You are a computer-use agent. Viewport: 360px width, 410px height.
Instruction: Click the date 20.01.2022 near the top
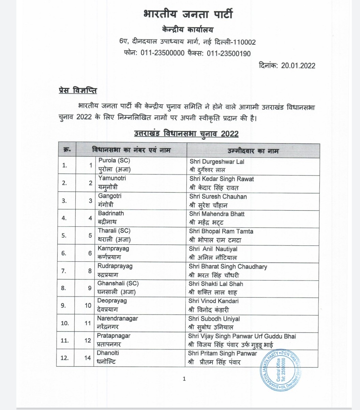click(x=298, y=65)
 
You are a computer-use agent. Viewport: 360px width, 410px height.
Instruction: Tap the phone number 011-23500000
click(x=161, y=54)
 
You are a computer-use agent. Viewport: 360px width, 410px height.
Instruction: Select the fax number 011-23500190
click(x=228, y=54)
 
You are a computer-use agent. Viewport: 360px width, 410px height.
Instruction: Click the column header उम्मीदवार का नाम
click(x=253, y=150)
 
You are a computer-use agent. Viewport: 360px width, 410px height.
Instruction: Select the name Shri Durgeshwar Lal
click(x=217, y=162)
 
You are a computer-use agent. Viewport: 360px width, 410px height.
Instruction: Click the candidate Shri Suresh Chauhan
click(x=218, y=197)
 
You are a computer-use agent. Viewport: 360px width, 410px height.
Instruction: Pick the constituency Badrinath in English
click(x=111, y=213)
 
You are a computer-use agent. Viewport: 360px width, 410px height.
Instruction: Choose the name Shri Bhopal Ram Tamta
click(x=221, y=231)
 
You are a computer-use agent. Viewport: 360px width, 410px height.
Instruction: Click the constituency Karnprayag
click(x=114, y=248)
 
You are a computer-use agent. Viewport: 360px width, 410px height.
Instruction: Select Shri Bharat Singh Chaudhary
click(x=228, y=267)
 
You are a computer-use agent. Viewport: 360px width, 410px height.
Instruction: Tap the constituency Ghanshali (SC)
click(x=118, y=284)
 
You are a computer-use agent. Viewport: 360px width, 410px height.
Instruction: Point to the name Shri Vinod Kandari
click(x=214, y=301)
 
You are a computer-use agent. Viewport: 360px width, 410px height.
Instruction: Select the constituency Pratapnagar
click(x=114, y=336)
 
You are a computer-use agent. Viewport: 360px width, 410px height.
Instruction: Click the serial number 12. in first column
click(x=65, y=358)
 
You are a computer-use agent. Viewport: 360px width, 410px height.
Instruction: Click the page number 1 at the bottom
click(x=184, y=379)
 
